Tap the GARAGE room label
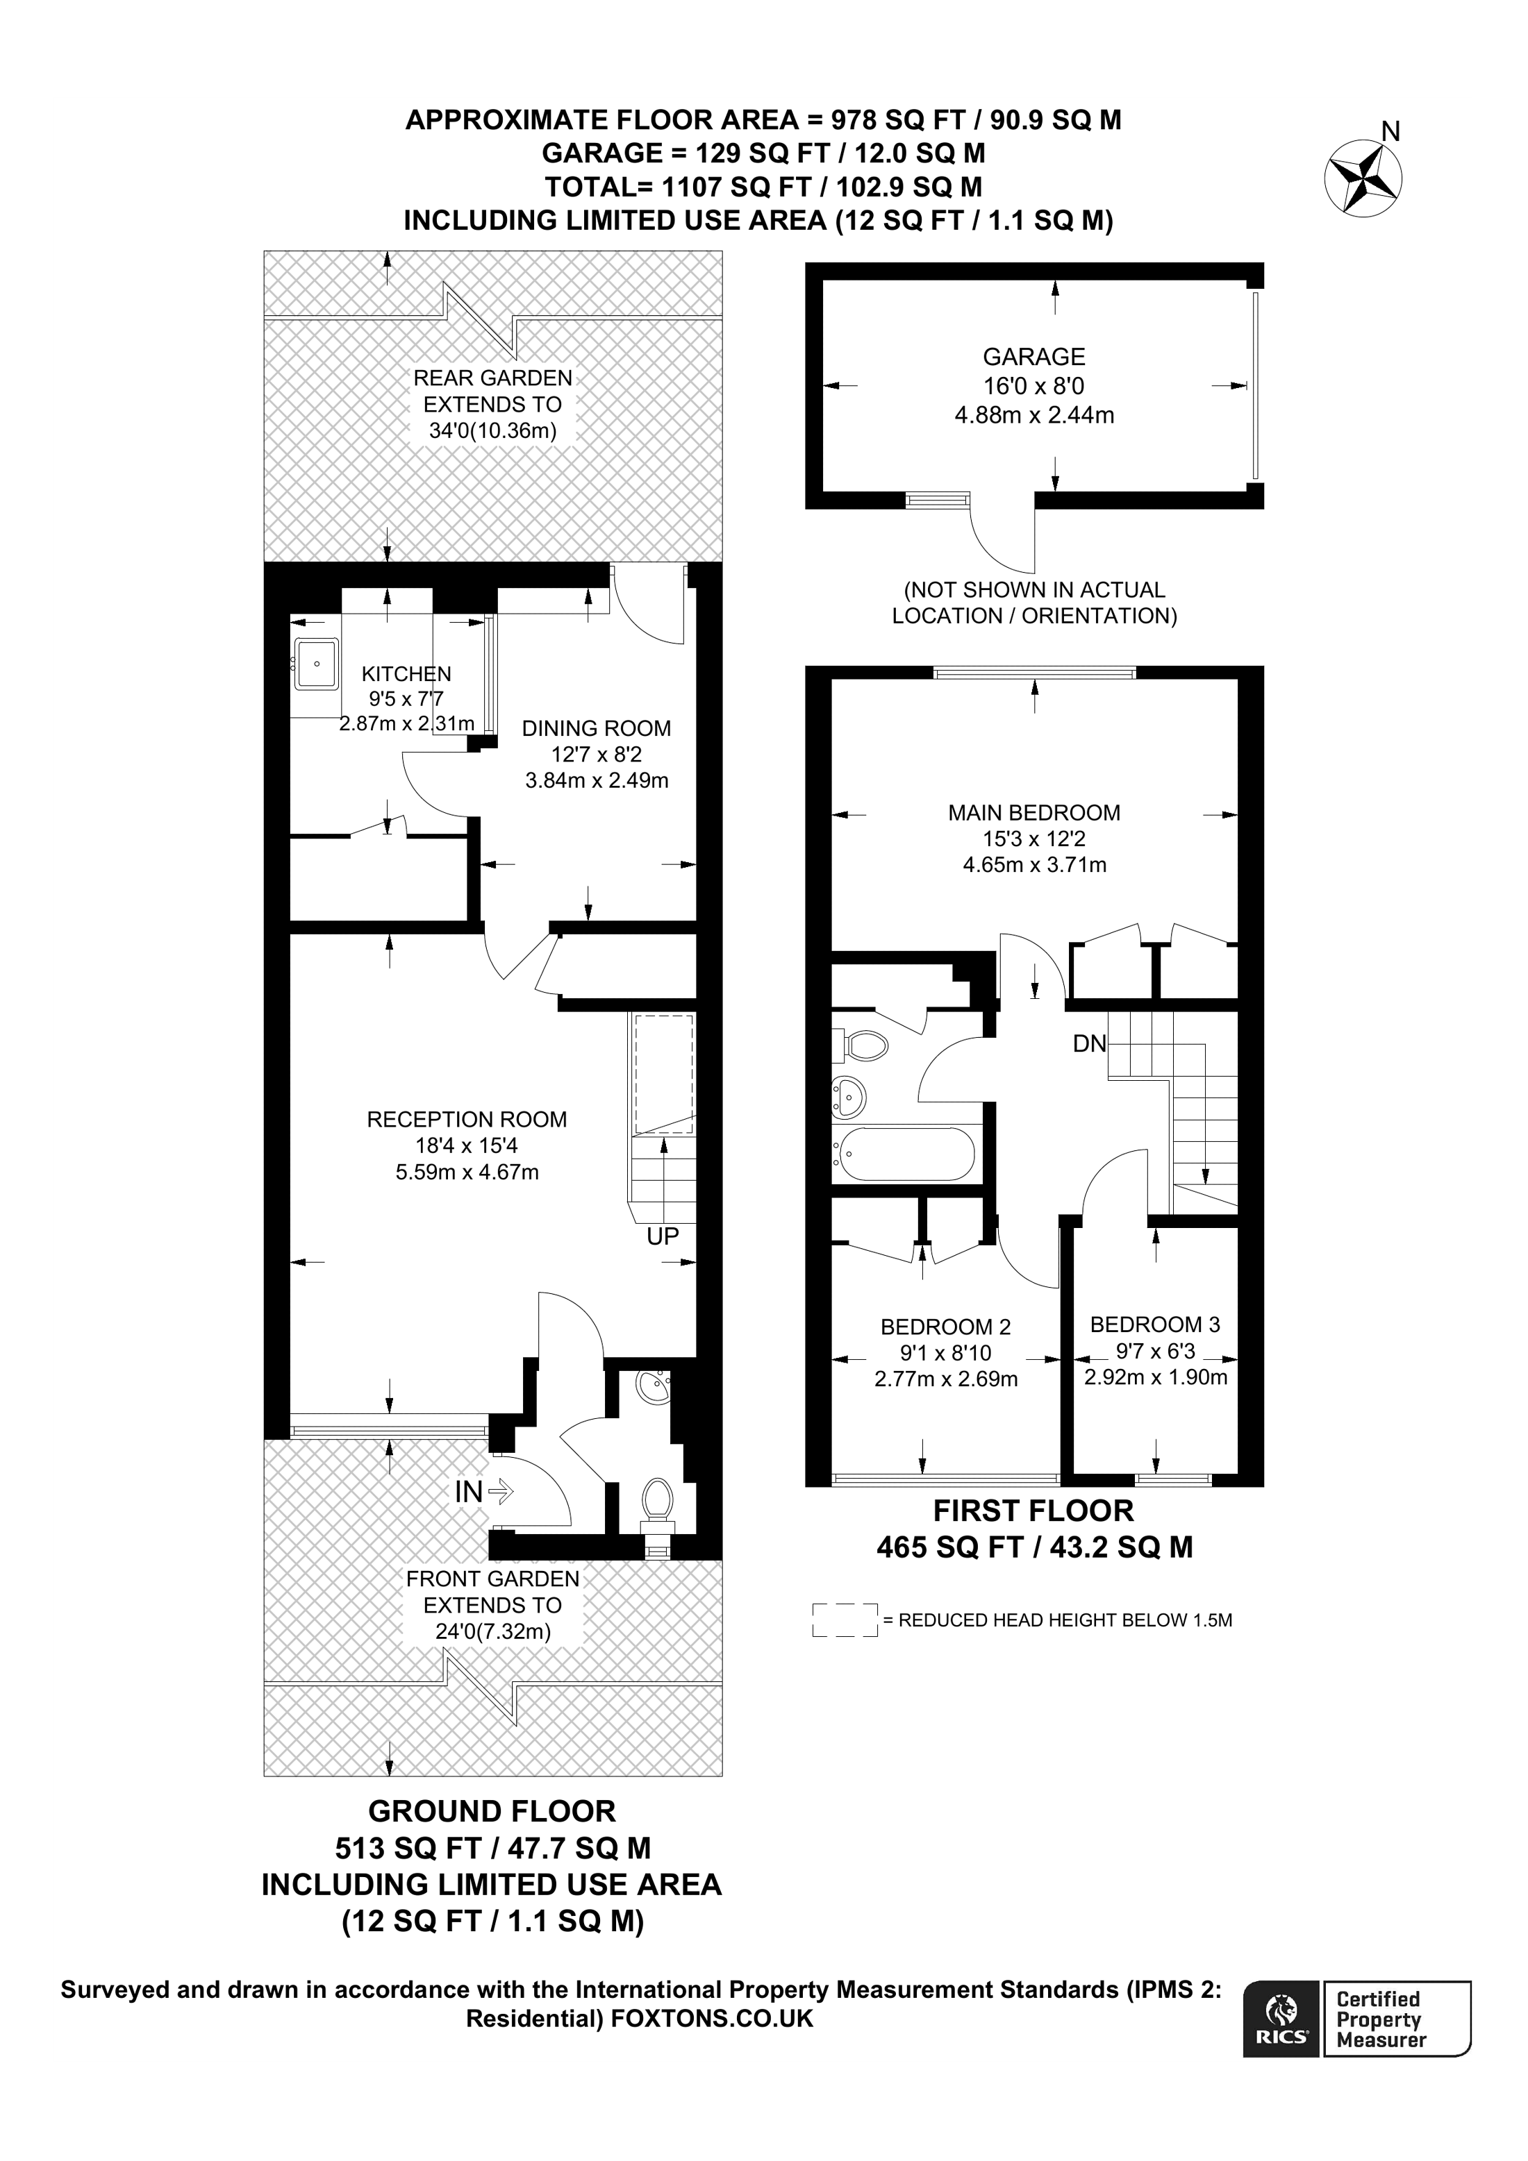(1033, 357)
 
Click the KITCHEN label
(407, 674)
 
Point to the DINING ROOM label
(596, 728)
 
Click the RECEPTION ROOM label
(467, 1119)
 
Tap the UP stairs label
(663, 1236)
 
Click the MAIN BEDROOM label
(1033, 812)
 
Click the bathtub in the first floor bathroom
(906, 1153)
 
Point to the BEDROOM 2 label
(945, 1327)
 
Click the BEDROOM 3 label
(1155, 1325)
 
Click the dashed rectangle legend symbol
(845, 1620)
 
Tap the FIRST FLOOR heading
(1033, 1511)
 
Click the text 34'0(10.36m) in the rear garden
(492, 431)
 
